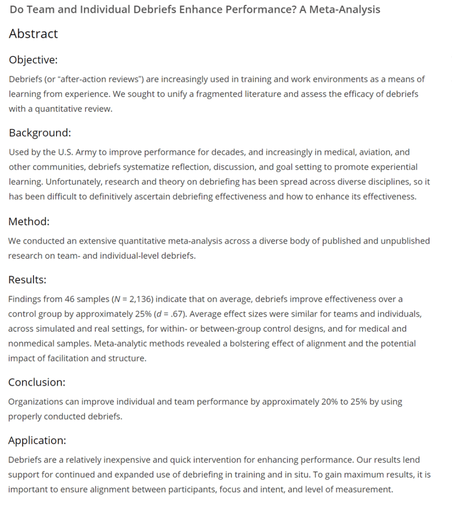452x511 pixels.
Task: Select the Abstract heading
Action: [34, 34]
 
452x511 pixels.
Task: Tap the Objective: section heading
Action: [34, 60]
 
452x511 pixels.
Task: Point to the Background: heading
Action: [40, 133]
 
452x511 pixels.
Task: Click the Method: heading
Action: [29, 221]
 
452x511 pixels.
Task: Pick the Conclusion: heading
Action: [37, 382]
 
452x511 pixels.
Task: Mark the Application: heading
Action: [38, 441]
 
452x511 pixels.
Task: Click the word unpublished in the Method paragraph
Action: [405, 240]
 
